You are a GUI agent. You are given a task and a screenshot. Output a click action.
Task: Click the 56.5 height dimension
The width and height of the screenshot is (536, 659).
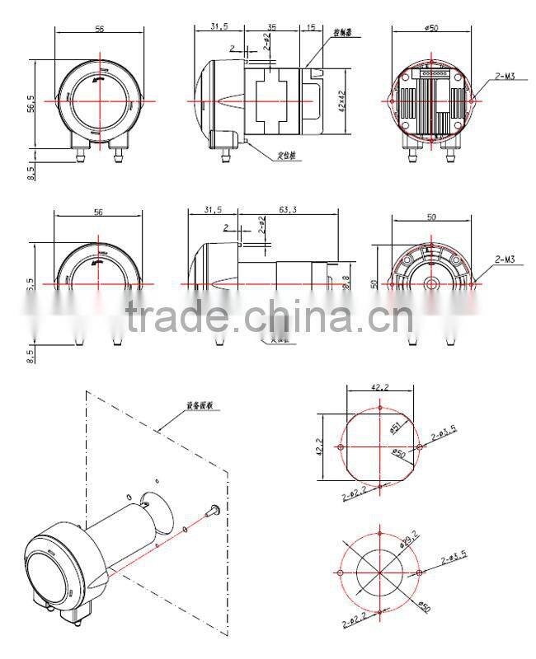(32, 105)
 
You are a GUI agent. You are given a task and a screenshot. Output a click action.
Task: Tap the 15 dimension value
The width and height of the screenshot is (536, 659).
(310, 26)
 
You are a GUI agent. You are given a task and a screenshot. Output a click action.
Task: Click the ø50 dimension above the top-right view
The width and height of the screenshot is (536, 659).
(430, 27)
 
